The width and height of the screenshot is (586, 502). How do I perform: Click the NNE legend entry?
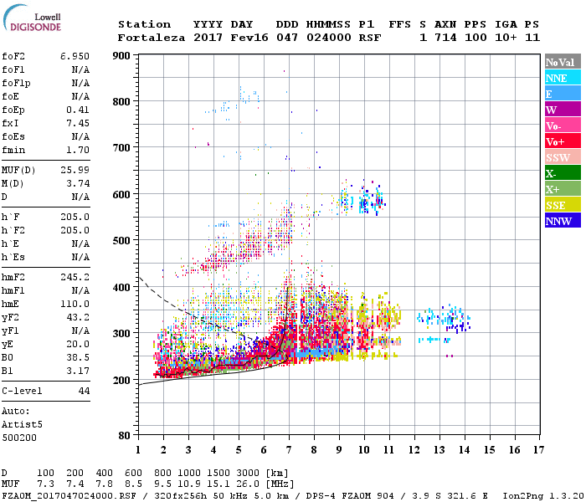(557, 78)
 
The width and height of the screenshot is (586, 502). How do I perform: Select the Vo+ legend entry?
(556, 141)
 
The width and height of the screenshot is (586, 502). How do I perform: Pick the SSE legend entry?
(556, 205)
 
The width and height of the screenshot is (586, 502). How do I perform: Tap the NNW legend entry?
(558, 221)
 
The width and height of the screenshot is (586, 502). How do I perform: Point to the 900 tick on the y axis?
(121, 55)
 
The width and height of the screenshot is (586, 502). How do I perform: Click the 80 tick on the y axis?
(125, 435)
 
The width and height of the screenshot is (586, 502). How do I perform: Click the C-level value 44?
(84, 391)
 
